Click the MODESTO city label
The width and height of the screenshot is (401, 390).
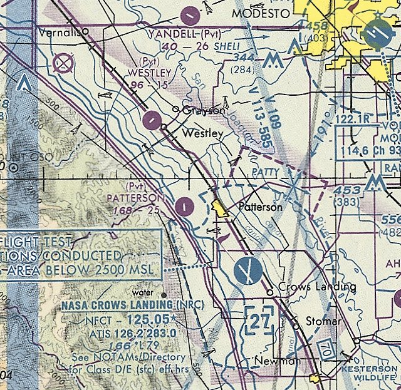tap(261, 13)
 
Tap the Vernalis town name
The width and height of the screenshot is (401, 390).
tap(60, 31)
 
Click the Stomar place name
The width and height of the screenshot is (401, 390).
tap(323, 321)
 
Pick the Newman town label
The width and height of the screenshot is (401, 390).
tap(278, 361)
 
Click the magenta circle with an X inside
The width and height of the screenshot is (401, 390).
tap(63, 63)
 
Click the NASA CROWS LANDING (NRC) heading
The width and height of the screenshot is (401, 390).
tap(126, 305)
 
